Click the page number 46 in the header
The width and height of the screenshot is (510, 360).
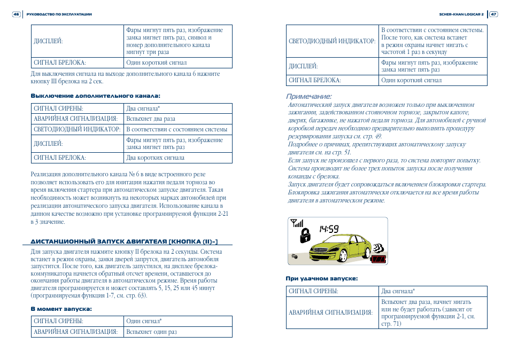(x=16, y=14)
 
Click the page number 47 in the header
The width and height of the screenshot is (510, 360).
(x=493, y=14)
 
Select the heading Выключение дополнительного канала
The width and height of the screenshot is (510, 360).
(x=95, y=96)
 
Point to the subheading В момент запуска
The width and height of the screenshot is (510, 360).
(x=61, y=309)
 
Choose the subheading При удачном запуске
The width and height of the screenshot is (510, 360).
(x=321, y=278)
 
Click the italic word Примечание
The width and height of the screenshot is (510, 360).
(x=309, y=97)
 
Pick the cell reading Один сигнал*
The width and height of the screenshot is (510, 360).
(x=144, y=321)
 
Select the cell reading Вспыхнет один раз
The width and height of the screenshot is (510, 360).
(x=151, y=332)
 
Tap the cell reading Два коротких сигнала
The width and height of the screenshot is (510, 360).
(x=155, y=158)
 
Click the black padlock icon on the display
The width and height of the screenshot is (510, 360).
(x=305, y=235)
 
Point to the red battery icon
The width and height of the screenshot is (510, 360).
(x=379, y=259)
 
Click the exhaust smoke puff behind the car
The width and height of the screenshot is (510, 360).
(x=378, y=248)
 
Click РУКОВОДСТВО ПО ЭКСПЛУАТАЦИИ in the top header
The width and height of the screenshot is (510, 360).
(x=59, y=14)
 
